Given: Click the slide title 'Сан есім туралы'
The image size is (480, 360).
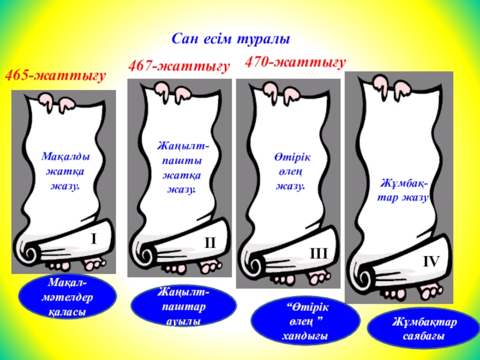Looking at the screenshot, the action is point(231,40).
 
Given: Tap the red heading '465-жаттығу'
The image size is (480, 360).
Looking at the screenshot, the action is point(56,76).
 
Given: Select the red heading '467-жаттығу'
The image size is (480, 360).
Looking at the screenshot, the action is point(179,67).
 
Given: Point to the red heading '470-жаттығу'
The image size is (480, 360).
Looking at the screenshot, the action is point(296,62).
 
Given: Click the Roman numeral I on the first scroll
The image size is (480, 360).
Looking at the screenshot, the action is point(94,239).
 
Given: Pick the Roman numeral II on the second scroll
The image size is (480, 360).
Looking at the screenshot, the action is point(209,244).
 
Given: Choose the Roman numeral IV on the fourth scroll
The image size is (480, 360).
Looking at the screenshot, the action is point(431,262).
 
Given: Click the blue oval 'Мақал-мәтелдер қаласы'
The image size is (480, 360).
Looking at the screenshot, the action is point(67,297).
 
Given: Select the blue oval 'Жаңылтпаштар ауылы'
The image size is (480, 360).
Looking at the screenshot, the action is point(184,306).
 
